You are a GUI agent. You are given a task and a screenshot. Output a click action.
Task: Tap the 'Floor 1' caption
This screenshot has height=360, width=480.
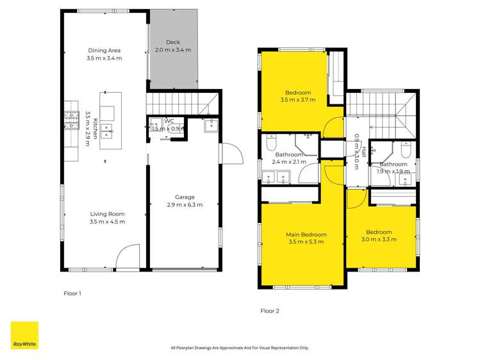72,293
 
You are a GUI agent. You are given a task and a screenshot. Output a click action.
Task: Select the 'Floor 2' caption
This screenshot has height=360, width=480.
270,311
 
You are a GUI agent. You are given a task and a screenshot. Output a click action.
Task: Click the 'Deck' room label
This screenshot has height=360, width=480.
173,42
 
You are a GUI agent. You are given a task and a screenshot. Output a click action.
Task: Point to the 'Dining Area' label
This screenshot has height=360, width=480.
104,51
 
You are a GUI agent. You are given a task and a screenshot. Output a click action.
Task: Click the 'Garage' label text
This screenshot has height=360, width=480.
185,197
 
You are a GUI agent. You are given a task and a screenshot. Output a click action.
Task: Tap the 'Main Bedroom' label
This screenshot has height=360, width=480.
306,234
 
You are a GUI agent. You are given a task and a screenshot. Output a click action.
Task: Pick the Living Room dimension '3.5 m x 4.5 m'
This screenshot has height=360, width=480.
107,222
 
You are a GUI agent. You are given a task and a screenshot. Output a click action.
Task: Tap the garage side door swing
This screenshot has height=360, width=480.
230,153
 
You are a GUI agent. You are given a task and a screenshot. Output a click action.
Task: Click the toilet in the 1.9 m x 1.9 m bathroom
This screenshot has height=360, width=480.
406,151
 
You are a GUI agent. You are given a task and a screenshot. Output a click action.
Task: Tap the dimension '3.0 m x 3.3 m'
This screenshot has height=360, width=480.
379,240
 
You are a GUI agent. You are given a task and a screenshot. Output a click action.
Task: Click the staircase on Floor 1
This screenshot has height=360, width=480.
181,102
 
